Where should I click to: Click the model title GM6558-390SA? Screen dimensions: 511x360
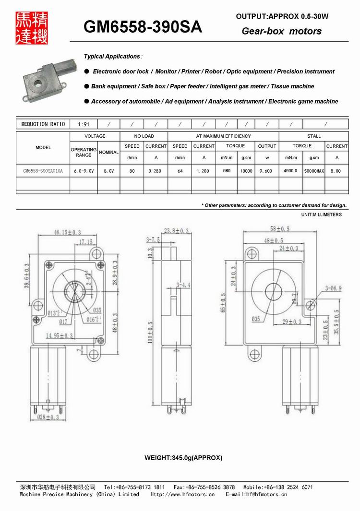pos(143,27)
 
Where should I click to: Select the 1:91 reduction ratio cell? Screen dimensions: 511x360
pos(84,124)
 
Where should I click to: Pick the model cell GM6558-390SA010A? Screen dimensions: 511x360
pos(43,171)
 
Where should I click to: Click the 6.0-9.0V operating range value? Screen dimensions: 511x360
pos(84,171)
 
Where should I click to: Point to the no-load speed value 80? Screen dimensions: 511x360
pos(132,171)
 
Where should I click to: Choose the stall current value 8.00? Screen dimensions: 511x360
pos(336,171)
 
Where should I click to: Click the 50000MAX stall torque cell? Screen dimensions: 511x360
pos(314,171)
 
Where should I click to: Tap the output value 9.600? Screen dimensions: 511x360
pos(267,171)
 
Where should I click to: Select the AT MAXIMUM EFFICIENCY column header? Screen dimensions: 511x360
pos(223,136)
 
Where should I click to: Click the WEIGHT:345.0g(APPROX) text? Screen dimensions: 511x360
pos(183,458)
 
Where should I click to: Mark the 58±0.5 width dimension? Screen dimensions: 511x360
pos(280,229)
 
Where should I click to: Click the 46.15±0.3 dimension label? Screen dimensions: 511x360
pos(54,232)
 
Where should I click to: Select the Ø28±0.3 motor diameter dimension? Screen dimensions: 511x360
pos(48,417)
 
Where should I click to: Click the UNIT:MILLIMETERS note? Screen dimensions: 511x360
pos(322,214)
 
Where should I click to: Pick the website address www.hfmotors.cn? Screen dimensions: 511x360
pos(183,494)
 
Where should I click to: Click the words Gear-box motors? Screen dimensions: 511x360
pos(281,31)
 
